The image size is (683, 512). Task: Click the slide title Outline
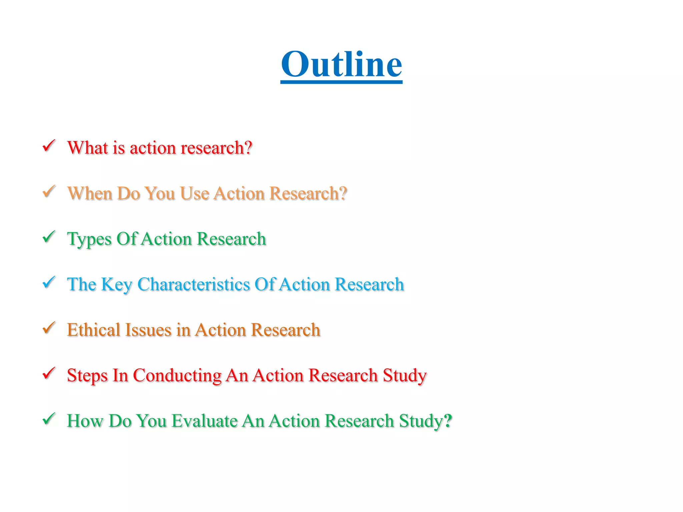point(341,64)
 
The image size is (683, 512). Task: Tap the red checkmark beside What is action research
point(49,146)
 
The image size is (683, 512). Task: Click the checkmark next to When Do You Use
point(49,191)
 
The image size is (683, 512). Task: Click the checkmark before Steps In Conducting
point(49,373)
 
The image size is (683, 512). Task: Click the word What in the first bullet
point(87,148)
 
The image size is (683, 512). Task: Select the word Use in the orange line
point(194,193)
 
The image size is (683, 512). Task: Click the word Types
point(89,239)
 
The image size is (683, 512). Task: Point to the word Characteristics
point(193,284)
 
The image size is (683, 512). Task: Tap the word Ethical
point(93,330)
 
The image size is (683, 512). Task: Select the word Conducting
point(177,376)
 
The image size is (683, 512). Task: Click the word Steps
point(87,376)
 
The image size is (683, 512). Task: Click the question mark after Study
point(448,421)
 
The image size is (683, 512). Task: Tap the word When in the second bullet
point(89,193)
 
